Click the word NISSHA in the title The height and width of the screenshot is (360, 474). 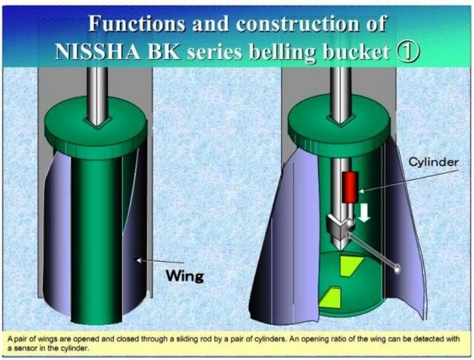click(98, 52)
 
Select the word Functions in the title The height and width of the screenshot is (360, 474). click(136, 24)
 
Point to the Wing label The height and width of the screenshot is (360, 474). click(185, 276)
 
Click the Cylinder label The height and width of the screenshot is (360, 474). click(433, 162)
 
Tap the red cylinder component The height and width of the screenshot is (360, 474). click(350, 187)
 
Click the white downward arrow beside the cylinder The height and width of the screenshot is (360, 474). click(365, 213)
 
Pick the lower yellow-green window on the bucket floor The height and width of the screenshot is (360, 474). click(330, 298)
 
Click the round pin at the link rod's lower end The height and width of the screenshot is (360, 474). click(398, 268)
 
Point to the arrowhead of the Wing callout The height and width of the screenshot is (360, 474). click(139, 260)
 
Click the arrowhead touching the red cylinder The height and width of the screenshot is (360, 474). click(361, 191)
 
